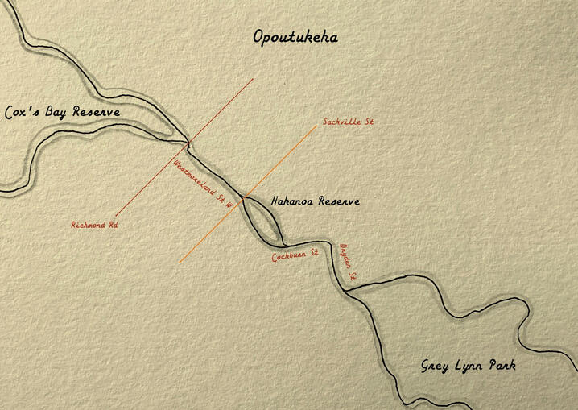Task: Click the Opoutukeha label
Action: click(295, 38)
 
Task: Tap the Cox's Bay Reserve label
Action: click(62, 112)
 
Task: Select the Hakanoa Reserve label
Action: click(315, 201)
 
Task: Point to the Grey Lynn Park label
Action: click(469, 366)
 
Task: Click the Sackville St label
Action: click(349, 122)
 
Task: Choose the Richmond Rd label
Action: click(94, 226)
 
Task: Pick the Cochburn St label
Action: click(295, 256)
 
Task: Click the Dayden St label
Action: click(348, 263)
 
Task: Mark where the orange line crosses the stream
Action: click(242, 197)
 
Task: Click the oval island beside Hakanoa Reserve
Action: click(262, 219)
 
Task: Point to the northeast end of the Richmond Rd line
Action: click(254, 79)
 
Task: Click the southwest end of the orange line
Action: click(180, 262)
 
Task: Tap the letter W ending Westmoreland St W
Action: click(229, 205)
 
